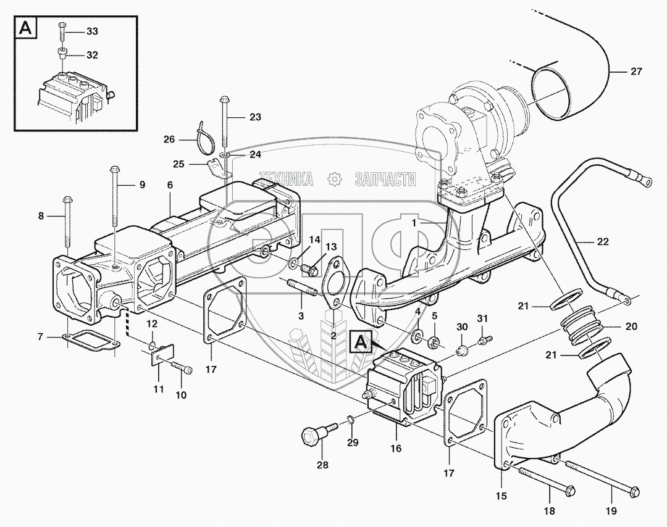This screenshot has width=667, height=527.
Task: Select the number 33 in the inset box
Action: coord(92,31)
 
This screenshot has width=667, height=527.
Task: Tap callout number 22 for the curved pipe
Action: coord(603,242)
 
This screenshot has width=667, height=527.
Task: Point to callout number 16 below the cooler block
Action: coord(396,449)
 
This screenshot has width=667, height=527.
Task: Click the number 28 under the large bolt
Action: coord(322,465)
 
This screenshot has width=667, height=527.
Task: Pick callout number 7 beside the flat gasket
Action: coord(40,337)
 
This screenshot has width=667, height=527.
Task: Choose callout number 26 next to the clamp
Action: coord(169,139)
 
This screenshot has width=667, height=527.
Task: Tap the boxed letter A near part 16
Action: coord(360,341)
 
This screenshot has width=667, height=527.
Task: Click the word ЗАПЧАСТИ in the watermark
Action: coord(385,180)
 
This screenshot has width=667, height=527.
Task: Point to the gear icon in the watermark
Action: coord(335,180)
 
